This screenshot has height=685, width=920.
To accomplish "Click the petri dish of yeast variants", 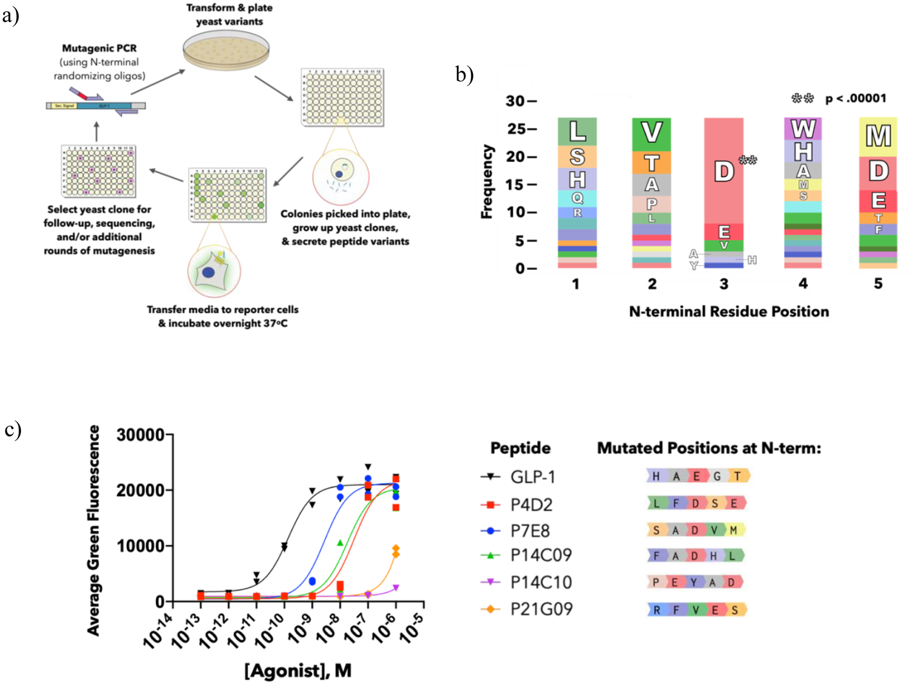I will coord(226,50).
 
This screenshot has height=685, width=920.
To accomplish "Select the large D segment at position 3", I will coord(724,171).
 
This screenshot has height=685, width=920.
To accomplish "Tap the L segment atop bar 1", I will coord(577,131).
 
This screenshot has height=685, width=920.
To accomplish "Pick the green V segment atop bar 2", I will coord(651,133).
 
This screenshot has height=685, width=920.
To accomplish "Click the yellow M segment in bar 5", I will coord(878,136).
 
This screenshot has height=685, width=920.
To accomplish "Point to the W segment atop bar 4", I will coord(803,129).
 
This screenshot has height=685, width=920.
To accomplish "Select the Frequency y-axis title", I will coord(487,182).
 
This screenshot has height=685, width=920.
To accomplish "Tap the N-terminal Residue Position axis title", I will coord(729,312).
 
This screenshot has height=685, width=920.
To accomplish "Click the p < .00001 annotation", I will coord(856,99).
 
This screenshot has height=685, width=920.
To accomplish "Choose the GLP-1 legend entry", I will coord(532,477).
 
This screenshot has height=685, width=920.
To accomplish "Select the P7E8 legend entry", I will coord(530,531).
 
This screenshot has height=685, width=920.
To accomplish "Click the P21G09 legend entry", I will coord(541,609).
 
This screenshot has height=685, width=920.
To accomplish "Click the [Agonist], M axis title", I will coord(298,670).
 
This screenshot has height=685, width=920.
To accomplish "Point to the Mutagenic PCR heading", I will coord(99,49).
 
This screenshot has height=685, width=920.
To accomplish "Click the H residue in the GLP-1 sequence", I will coord(656,477).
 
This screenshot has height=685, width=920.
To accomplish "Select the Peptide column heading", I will coord(520,448).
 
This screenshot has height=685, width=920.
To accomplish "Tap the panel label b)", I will coord(465,75).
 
